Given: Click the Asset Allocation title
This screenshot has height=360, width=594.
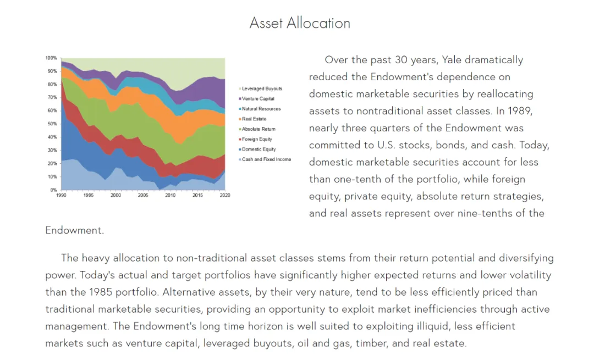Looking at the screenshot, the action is click(x=300, y=23).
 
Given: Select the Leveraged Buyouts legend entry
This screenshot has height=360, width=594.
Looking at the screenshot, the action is click(x=260, y=88).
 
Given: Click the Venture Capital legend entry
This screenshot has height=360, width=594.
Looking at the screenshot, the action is click(x=256, y=99).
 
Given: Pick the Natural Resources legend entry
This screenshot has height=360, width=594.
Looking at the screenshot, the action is click(x=260, y=109).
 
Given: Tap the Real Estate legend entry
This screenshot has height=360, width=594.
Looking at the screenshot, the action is click(x=252, y=119).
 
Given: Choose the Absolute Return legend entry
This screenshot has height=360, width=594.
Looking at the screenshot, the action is click(x=257, y=129).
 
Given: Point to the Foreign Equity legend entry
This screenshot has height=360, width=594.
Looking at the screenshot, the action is click(x=255, y=139).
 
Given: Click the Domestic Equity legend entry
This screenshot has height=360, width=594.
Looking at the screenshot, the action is click(x=257, y=149).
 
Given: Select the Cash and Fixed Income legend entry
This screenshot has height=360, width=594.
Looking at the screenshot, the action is click(x=265, y=159).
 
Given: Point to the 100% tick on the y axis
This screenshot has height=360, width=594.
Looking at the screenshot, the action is click(x=51, y=58).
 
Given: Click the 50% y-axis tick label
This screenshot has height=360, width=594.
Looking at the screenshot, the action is click(x=52, y=124).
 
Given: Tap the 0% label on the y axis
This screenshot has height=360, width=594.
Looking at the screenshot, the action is click(x=53, y=190).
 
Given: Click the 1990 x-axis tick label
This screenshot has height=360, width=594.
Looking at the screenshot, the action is click(x=61, y=195).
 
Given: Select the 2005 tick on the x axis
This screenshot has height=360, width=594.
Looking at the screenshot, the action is click(x=143, y=195).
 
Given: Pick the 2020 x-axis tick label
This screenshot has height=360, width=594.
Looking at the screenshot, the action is click(x=225, y=195).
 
